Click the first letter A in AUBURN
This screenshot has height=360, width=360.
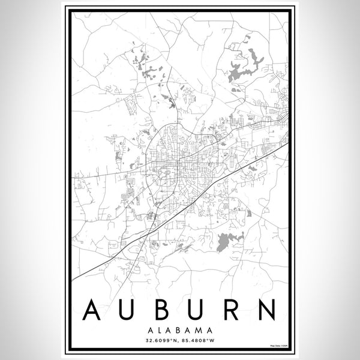point(89,311)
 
